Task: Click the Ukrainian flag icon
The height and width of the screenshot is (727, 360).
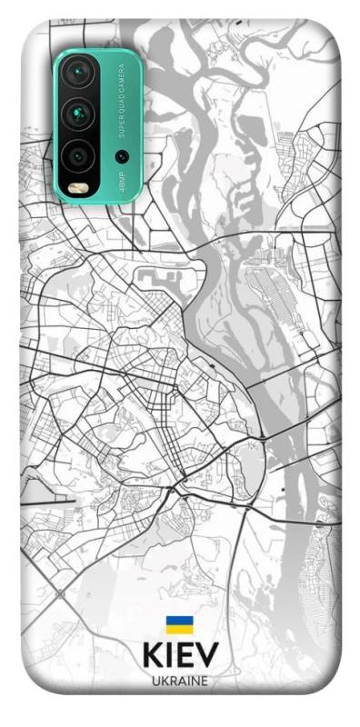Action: point(179,624)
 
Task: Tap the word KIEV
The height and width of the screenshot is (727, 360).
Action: point(180,656)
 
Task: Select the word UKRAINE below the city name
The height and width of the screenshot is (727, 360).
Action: point(180,680)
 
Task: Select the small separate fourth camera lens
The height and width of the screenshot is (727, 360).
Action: point(121,155)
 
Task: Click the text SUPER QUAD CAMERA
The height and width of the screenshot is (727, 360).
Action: point(121,103)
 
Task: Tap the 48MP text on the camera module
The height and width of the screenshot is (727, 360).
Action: point(121,183)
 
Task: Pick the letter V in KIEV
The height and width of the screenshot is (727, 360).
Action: point(206,656)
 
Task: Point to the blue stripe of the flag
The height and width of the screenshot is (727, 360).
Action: point(179,621)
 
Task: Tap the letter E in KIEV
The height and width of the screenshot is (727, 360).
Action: point(185,656)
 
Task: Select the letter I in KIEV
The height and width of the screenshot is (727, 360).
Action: point(169,656)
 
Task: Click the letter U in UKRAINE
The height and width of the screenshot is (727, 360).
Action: point(155,680)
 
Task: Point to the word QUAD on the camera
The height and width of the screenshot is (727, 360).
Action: point(121,105)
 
